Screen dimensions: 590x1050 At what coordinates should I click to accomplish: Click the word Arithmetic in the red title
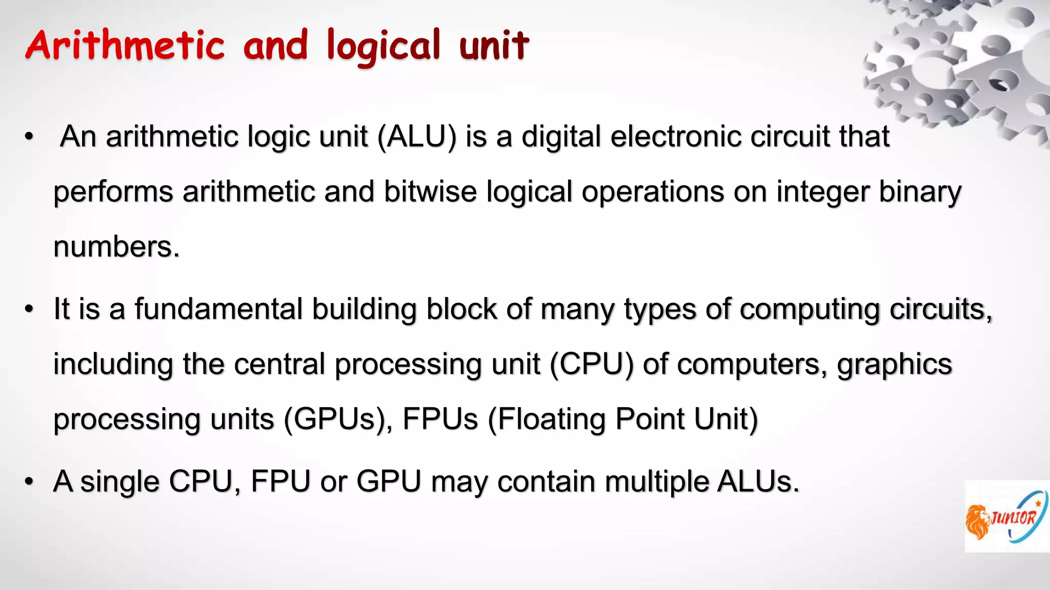(125, 45)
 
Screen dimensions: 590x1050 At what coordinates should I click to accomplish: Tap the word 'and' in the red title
(275, 45)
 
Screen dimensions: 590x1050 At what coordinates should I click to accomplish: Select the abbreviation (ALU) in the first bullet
(416, 137)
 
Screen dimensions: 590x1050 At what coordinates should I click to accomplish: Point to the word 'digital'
(561, 137)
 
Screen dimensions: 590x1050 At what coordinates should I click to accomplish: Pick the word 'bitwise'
(430, 192)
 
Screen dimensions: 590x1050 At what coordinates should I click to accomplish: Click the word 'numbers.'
(117, 247)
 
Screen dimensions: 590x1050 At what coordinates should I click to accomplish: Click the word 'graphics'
(894, 364)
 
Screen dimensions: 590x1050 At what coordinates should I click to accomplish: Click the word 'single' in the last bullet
(119, 481)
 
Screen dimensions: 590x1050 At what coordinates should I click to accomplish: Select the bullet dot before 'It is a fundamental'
(29, 309)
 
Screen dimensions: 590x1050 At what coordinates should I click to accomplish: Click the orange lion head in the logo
(978, 521)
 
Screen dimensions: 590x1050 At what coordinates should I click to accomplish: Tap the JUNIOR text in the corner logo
(1014, 518)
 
